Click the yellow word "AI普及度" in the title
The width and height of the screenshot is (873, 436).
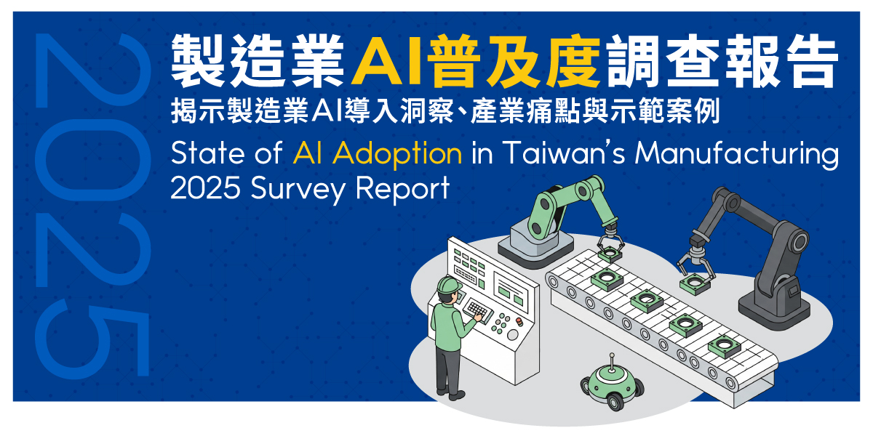(477, 60)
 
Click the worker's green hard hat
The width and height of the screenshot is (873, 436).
(447, 284)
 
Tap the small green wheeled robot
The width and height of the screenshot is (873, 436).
(610, 385)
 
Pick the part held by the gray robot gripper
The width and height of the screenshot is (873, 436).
(693, 282)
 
